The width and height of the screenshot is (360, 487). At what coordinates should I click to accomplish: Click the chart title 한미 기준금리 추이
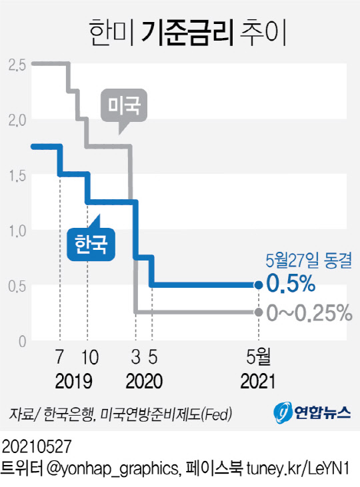pyautogui.click(x=179, y=33)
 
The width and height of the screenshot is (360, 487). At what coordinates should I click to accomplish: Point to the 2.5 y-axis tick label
pyautogui.click(x=17, y=65)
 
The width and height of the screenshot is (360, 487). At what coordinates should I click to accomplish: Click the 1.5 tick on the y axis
pyautogui.click(x=17, y=175)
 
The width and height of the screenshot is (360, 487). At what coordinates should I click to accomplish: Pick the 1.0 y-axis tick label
pyautogui.click(x=17, y=231)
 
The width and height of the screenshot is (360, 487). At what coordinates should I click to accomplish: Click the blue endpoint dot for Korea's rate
pyautogui.click(x=259, y=285)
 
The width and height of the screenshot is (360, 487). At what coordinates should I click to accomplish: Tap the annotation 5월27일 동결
pyautogui.click(x=303, y=260)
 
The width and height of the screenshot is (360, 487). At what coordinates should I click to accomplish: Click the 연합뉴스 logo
pyautogui.click(x=312, y=413)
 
